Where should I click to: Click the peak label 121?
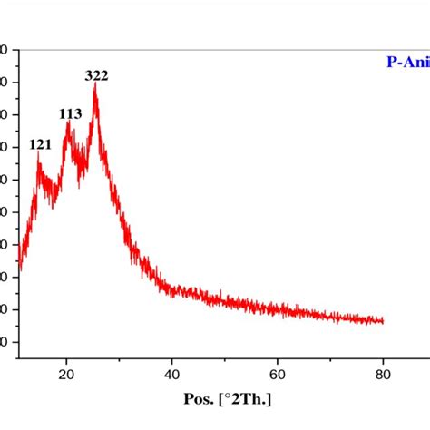pos(40,143)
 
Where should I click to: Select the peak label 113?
pos(71,113)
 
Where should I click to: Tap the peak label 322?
pos(97,76)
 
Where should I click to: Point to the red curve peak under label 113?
pos(67,123)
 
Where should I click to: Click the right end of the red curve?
pos(383,321)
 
